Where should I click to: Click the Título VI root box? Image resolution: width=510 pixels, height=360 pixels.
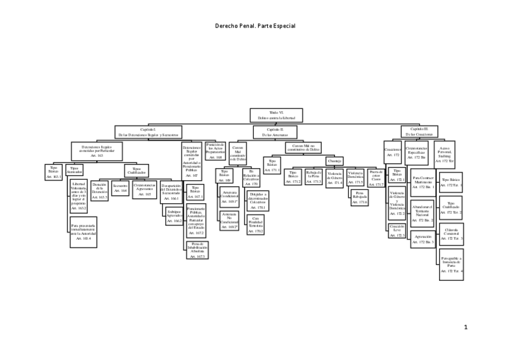(x=275, y=115)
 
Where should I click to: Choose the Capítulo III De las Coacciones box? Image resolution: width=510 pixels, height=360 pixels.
(x=419, y=132)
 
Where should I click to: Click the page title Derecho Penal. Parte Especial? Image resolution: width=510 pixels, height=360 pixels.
(x=255, y=26)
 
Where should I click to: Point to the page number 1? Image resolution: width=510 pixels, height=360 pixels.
(x=465, y=327)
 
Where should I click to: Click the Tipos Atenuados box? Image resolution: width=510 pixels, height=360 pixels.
(x=75, y=171)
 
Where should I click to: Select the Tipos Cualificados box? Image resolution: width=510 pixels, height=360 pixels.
(x=137, y=171)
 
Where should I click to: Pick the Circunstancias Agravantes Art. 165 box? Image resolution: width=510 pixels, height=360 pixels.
(x=144, y=191)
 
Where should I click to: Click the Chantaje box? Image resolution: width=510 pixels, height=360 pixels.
(x=335, y=161)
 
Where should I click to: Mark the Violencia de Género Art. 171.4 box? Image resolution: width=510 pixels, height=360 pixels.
(x=334, y=178)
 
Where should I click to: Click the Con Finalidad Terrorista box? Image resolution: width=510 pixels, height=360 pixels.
(x=256, y=225)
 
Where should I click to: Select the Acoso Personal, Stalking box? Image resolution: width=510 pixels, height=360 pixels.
(x=444, y=154)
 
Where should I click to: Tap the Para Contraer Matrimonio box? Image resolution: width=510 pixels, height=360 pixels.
(x=423, y=183)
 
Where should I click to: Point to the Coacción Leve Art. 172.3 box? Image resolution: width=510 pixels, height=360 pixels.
(x=397, y=230)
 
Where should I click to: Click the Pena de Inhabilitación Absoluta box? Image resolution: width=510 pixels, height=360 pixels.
(x=197, y=250)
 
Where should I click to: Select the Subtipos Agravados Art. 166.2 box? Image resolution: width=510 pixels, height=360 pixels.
(x=174, y=216)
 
